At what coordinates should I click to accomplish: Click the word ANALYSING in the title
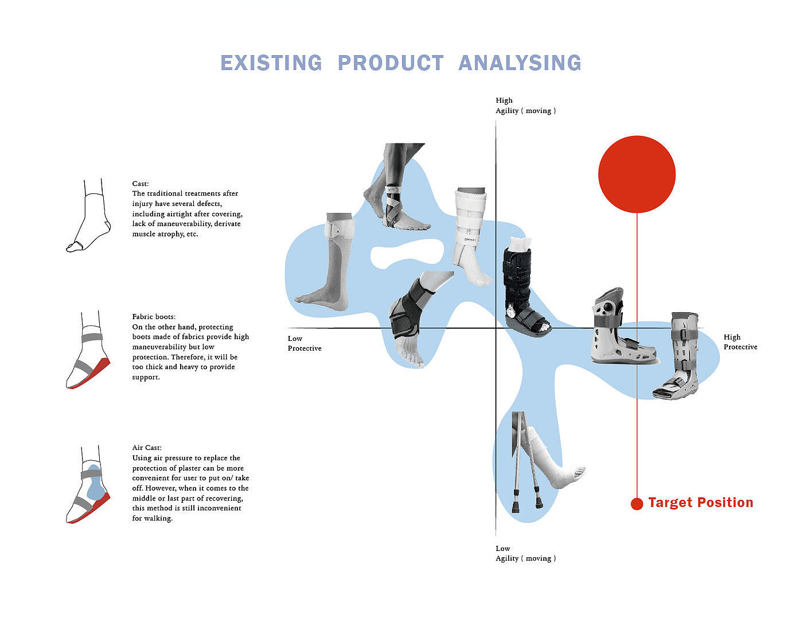(520, 63)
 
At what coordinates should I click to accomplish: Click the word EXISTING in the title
(271, 63)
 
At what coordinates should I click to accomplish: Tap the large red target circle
(637, 174)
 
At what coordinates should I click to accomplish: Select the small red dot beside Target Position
(637, 504)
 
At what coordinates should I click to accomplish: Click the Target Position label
(700, 503)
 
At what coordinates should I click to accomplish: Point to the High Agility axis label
(525, 106)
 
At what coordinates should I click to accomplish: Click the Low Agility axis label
(525, 553)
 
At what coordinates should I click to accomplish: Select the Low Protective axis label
(304, 343)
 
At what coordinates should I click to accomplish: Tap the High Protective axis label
(740, 342)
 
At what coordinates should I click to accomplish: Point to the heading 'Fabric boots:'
(154, 317)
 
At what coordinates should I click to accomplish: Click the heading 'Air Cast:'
(147, 448)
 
